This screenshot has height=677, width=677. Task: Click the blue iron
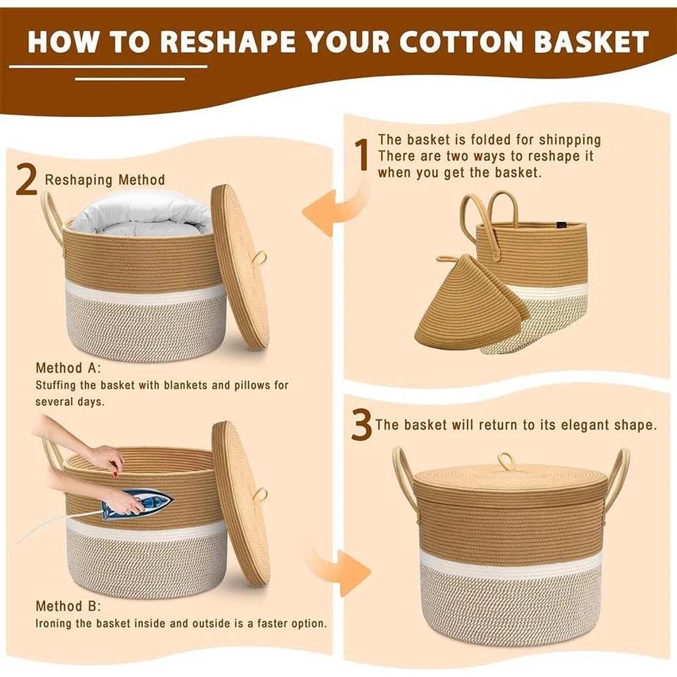pos(137,502)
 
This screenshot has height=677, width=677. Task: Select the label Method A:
pos(68,368)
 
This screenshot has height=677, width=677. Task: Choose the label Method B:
pos(68,606)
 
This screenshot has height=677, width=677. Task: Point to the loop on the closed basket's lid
pos(506,461)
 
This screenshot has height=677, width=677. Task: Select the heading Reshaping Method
pos(105,180)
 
